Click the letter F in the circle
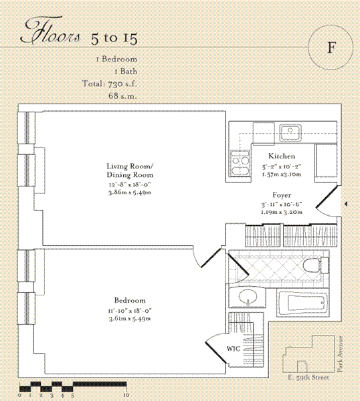(331, 47)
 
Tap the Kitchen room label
(282, 156)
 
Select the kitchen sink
(290, 132)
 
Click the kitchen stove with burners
(240, 163)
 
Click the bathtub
(302, 303)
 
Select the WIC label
(234, 349)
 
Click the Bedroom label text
(130, 300)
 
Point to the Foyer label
(282, 195)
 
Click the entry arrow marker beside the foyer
(346, 204)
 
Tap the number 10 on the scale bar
(126, 396)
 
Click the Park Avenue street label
(340, 354)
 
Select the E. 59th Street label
(308, 377)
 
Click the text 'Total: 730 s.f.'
(110, 84)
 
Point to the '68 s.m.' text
(122, 96)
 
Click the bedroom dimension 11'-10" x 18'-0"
(130, 311)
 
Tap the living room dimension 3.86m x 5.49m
(130, 192)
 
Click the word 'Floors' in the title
(50, 33)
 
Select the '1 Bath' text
(126, 72)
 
